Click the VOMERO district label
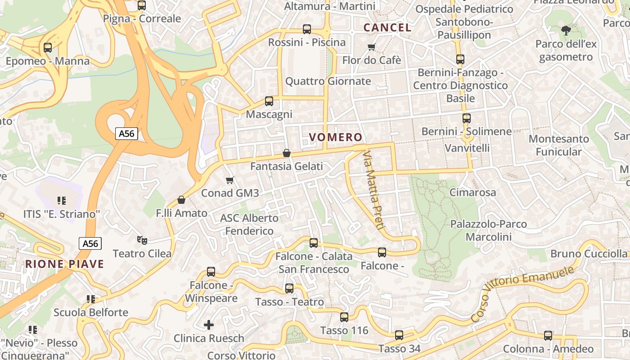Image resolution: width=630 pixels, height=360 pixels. (x=336, y=137)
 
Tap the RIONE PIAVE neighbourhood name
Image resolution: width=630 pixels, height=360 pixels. (x=64, y=264)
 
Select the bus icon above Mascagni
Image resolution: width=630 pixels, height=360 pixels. (x=269, y=101)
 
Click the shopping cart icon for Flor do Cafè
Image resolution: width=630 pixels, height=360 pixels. (x=372, y=47)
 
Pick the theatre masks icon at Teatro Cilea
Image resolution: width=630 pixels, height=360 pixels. (x=142, y=240)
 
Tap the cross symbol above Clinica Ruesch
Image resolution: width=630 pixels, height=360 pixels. (x=209, y=324)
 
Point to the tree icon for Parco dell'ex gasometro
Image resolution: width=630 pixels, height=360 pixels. (x=566, y=31)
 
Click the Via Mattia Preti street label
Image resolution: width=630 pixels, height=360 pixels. (x=373, y=190)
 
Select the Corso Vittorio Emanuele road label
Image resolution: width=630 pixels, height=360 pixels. (x=523, y=292)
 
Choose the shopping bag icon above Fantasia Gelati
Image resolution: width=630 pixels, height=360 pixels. (x=287, y=153)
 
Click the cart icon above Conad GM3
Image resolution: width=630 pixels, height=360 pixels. (x=230, y=180)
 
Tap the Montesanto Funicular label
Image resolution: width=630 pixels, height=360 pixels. (x=559, y=145)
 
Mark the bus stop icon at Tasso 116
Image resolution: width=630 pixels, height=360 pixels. (x=344, y=317)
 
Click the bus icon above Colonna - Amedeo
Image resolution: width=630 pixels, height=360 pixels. (x=548, y=335)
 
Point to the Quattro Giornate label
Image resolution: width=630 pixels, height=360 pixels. (x=328, y=81)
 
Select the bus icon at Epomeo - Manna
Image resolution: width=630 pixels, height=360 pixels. (x=48, y=48)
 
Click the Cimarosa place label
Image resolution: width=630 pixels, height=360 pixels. (x=473, y=193)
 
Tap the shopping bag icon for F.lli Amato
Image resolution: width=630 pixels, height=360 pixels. (x=181, y=200)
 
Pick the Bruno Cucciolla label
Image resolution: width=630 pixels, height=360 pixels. (x=589, y=254)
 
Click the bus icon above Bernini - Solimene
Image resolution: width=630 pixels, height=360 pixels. (x=467, y=118)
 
